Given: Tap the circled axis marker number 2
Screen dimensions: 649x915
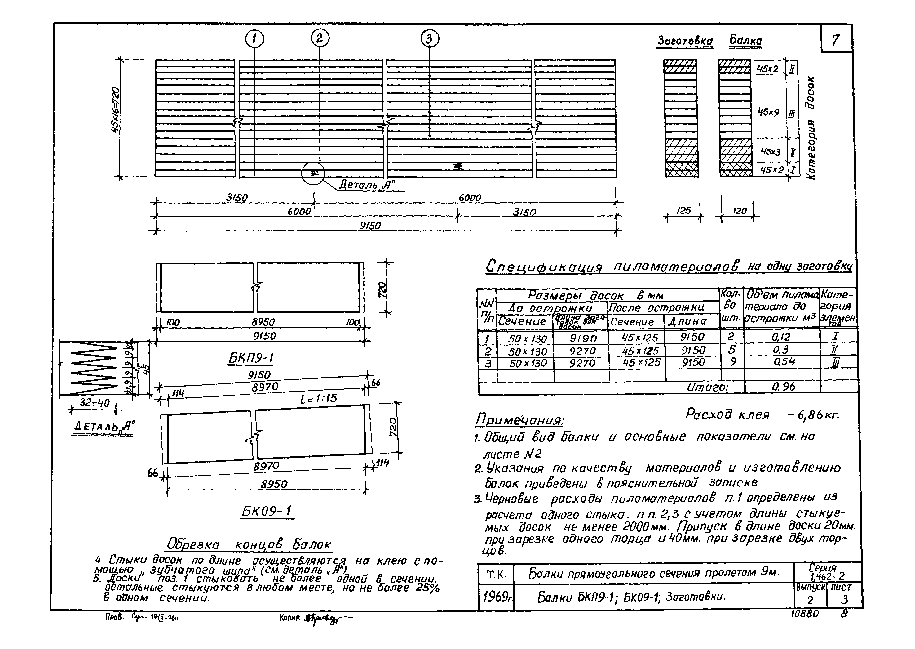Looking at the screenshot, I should (x=320, y=38).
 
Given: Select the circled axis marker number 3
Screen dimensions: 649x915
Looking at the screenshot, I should (x=429, y=39).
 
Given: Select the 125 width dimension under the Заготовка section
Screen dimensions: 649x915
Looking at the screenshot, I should (x=684, y=211).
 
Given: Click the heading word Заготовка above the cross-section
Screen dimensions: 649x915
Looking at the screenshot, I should (x=685, y=41).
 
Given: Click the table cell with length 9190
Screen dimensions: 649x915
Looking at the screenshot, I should (x=583, y=338).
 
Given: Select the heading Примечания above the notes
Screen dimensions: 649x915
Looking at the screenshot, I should (x=519, y=420).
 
